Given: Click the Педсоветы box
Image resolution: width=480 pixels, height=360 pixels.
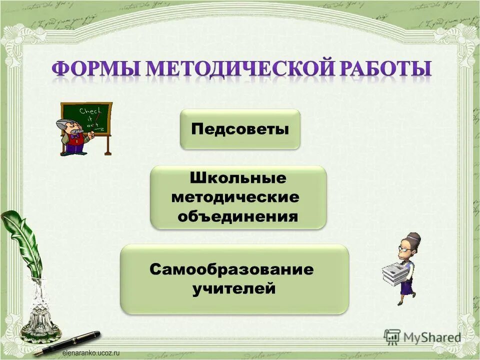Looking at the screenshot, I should (240, 129).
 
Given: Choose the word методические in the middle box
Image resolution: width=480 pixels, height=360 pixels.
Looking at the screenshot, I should (235, 197).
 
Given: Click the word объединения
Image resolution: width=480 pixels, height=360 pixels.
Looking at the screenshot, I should (238, 216).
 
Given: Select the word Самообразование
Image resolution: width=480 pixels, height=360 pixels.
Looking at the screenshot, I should (231, 270).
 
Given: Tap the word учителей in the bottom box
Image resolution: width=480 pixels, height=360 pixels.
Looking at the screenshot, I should (234, 288).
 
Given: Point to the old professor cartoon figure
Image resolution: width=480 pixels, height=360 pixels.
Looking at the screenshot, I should (74, 137).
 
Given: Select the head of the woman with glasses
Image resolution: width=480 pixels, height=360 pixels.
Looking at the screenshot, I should (408, 245).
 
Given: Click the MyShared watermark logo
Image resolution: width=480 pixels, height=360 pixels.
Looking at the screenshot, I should (422, 337).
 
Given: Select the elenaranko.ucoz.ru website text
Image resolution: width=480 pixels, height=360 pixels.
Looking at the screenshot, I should (91, 353).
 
